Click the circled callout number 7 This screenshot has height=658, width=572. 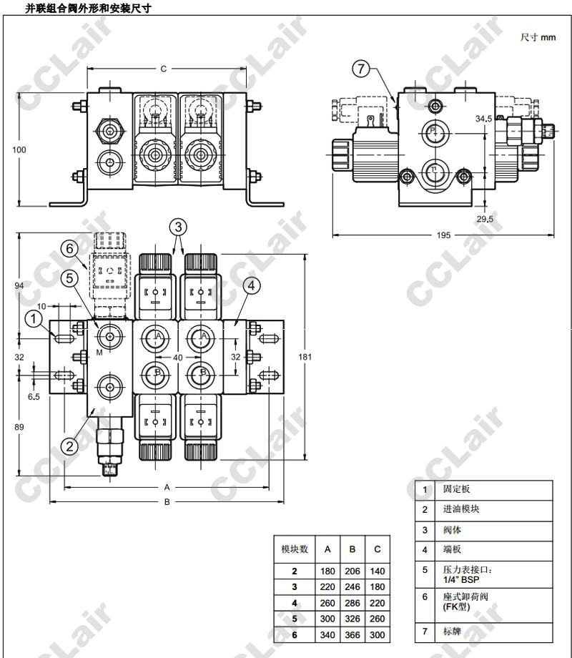tap(362, 69)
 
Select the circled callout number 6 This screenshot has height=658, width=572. tap(69, 249)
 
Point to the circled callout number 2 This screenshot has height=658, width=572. tap(69, 446)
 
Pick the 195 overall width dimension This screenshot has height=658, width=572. tap(444, 235)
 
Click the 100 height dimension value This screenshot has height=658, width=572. tap(19, 149)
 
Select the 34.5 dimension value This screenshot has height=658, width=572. tap(483, 119)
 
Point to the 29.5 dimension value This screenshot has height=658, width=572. tap(485, 220)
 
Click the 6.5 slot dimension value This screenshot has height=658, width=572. tap(34, 396)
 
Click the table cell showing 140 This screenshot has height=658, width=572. tap(378, 571)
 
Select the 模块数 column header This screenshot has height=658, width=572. tap(294, 549)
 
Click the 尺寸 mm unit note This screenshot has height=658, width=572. tap(538, 37)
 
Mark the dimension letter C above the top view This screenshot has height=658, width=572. tap(163, 69)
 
